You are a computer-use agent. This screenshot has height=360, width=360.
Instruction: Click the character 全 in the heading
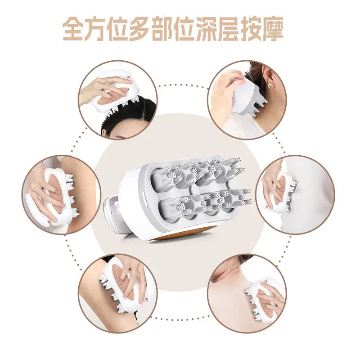[74, 29]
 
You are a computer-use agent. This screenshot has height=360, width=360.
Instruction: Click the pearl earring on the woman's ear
[270, 85]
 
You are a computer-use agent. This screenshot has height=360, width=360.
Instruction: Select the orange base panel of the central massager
[181, 234]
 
